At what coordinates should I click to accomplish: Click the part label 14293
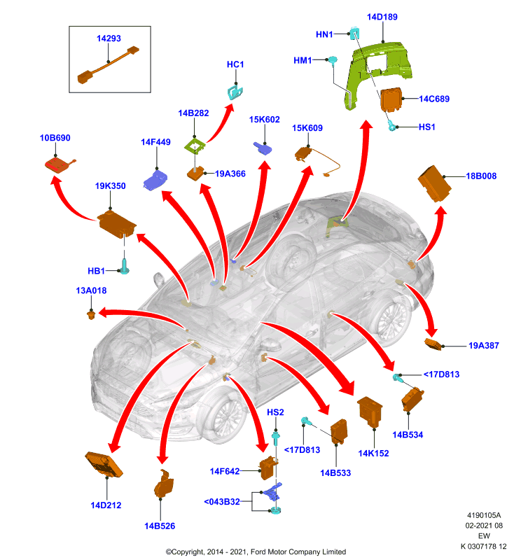coord(109,38)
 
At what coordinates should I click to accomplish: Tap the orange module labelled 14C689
coord(391,99)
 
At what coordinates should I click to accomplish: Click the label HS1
coord(426,127)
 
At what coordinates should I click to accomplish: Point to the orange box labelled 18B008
coord(434,183)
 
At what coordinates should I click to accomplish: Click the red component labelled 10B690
coord(60,164)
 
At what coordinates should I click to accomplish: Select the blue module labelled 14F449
coord(155,180)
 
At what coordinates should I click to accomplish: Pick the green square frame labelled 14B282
coord(195,146)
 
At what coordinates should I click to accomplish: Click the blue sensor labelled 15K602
coord(263,148)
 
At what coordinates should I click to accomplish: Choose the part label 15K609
coord(307,128)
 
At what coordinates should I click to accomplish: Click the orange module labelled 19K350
coord(116,224)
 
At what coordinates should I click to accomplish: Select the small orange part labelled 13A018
coord(91,315)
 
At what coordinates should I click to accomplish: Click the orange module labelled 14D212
coord(104,464)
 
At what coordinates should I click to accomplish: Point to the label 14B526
coord(160,526)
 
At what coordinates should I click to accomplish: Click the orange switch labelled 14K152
coord(370,412)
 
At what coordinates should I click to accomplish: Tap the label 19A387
coord(484,345)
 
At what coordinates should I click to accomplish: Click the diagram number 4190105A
coord(484,515)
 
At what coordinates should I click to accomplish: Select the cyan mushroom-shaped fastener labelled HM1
coord(333,60)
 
